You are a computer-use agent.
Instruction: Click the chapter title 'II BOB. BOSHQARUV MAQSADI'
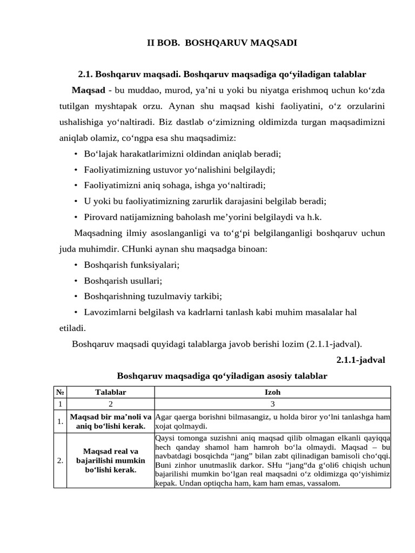(x=222, y=43)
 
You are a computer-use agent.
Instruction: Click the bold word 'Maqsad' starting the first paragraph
(x=88, y=89)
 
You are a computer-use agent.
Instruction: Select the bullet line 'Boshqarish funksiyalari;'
(x=131, y=265)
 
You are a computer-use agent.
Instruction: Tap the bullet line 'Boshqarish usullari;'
(x=123, y=281)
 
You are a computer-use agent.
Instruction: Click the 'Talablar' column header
(x=110, y=393)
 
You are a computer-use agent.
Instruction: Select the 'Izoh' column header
(x=272, y=393)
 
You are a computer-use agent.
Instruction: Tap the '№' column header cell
(x=59, y=393)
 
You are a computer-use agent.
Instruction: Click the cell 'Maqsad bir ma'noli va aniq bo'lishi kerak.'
(x=110, y=422)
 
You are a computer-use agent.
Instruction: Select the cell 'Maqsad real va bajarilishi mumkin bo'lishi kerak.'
(x=110, y=460)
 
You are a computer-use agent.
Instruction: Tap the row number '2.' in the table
(x=59, y=460)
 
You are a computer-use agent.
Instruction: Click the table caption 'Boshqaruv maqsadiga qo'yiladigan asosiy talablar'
(x=222, y=375)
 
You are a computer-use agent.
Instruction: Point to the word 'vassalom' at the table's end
(x=323, y=484)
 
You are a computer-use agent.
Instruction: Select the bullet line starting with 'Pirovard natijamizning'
(x=203, y=217)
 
